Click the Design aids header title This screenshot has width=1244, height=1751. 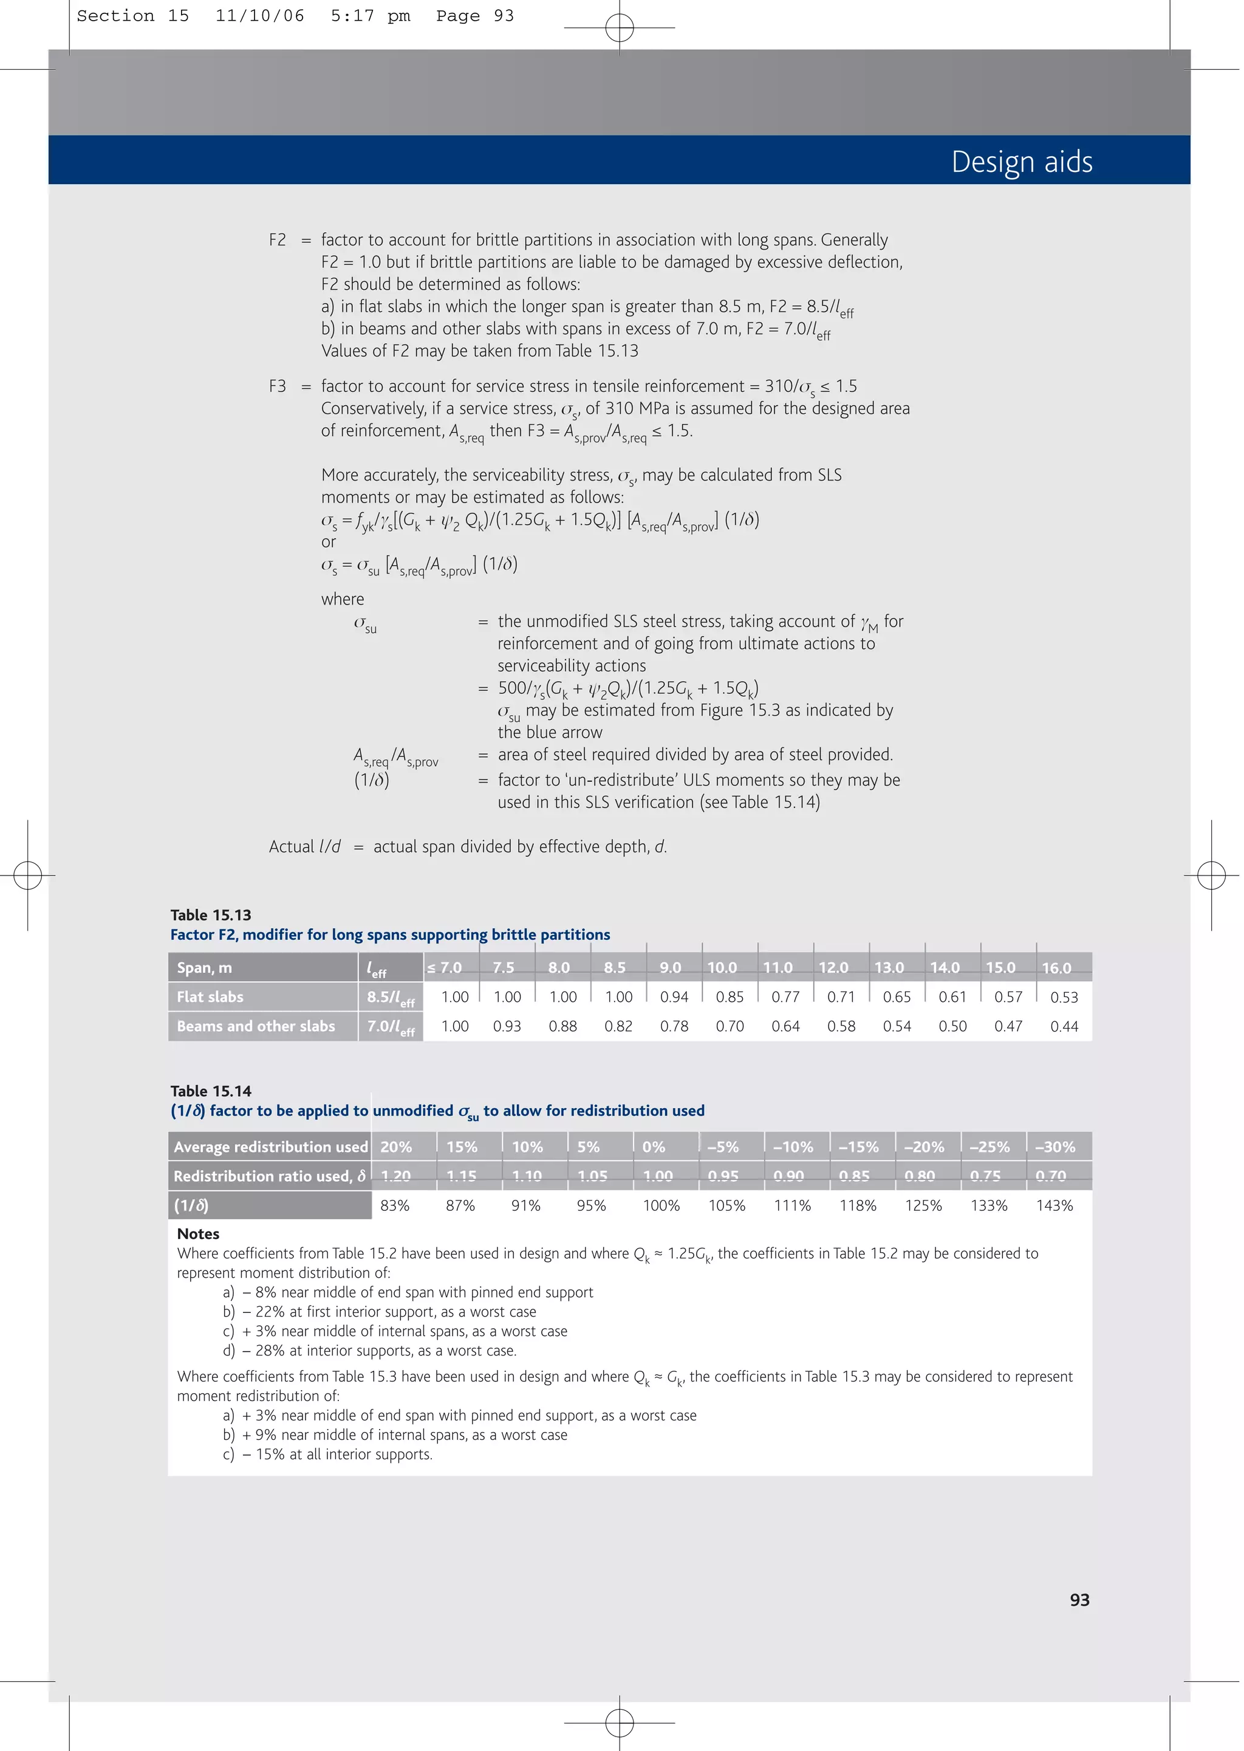pyautogui.click(x=1021, y=162)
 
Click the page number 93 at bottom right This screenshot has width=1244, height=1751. pyautogui.click(x=1079, y=1599)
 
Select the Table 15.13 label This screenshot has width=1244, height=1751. pyautogui.click(x=211, y=914)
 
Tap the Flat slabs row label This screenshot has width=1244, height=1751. pyautogui.click(x=210, y=996)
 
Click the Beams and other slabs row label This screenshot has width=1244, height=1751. pyautogui.click(x=256, y=1026)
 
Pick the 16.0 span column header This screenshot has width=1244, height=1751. pyautogui.click(x=1056, y=967)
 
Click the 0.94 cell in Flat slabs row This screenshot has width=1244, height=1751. pyautogui.click(x=674, y=996)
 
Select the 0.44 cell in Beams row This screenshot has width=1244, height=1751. pyautogui.click(x=1064, y=1026)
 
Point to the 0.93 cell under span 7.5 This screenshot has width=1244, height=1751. pyautogui.click(x=507, y=1026)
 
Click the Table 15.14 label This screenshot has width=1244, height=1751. pyautogui.click(x=211, y=1091)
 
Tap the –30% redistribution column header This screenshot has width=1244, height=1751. pyautogui.click(x=1055, y=1146)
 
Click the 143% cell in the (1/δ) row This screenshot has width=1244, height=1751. pyautogui.click(x=1055, y=1205)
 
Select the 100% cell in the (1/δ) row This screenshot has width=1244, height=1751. pyautogui.click(x=661, y=1205)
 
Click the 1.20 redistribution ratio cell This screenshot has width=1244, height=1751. pyautogui.click(x=396, y=1176)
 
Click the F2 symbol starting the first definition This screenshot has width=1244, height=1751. pyautogui.click(x=278, y=240)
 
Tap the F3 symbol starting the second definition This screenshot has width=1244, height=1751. pyautogui.click(x=278, y=386)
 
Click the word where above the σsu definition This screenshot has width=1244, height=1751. pyautogui.click(x=343, y=599)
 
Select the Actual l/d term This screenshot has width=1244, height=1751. pyautogui.click(x=305, y=846)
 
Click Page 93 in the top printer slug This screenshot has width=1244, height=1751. pyautogui.click(x=475, y=16)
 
